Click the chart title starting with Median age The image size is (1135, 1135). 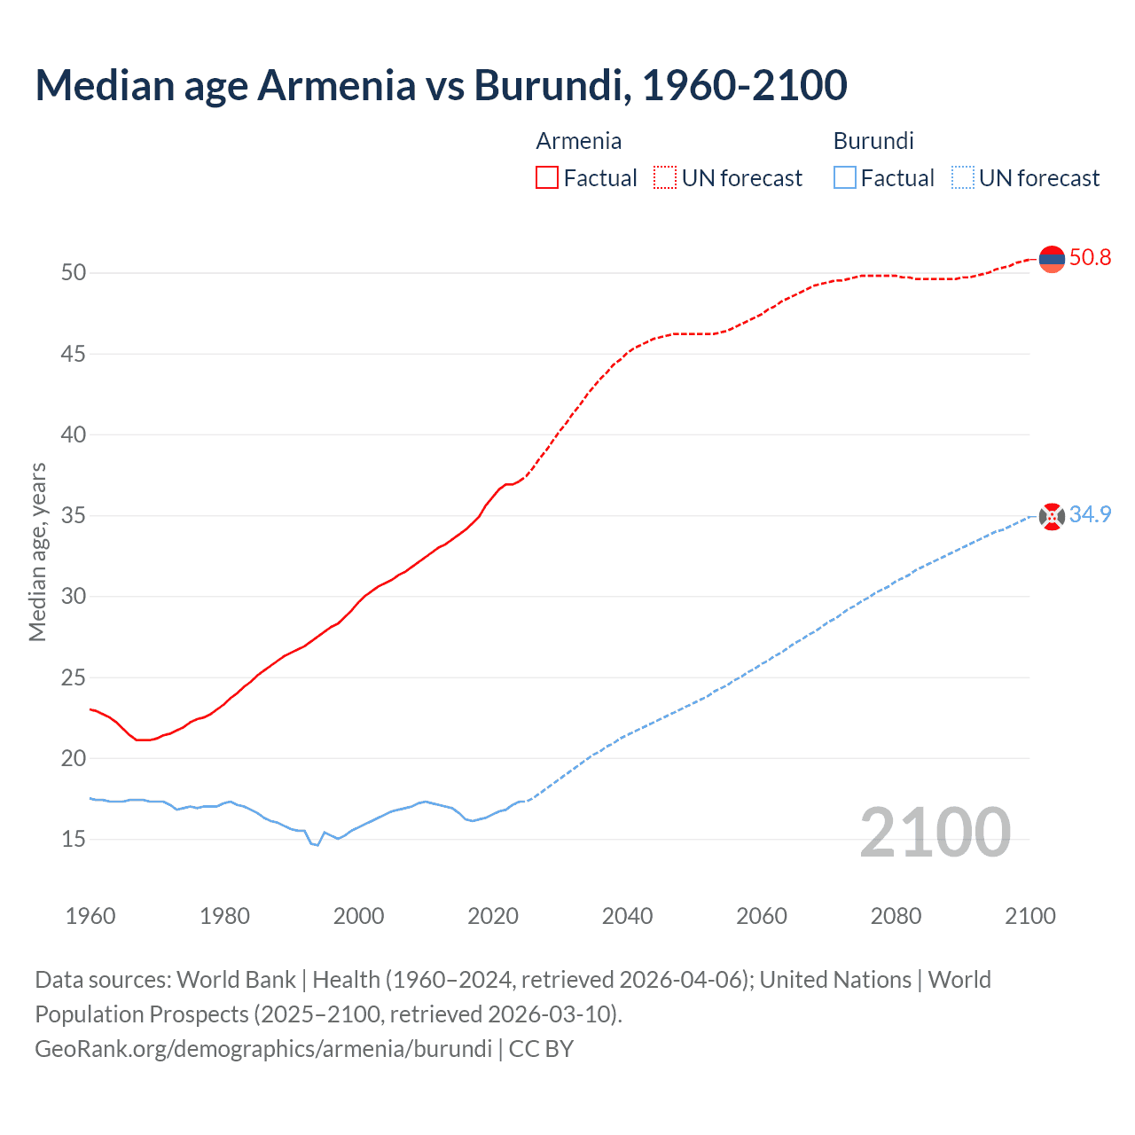point(441,85)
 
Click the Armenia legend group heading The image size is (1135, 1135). point(578,141)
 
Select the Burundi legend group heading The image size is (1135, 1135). point(873,141)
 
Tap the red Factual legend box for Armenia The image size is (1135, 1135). point(547,178)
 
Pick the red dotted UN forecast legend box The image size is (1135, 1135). point(665,178)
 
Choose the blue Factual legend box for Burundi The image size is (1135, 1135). point(844,178)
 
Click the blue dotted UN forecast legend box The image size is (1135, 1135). point(962,178)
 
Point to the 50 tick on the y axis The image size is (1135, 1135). point(74,273)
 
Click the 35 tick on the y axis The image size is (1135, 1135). point(74,516)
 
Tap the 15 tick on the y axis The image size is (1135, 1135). point(74,840)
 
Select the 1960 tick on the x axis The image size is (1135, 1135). point(90,916)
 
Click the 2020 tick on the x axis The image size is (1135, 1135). point(493,916)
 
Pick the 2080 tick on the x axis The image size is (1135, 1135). point(896,916)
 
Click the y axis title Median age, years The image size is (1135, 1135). point(37,552)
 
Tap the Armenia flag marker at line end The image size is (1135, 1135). point(1052,259)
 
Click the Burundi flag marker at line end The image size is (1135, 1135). point(1052,516)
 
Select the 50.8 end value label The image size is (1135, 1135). point(1090,258)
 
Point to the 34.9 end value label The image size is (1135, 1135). point(1090,515)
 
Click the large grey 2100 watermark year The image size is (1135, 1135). point(935,832)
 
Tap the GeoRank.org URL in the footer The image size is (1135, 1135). point(263,1049)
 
